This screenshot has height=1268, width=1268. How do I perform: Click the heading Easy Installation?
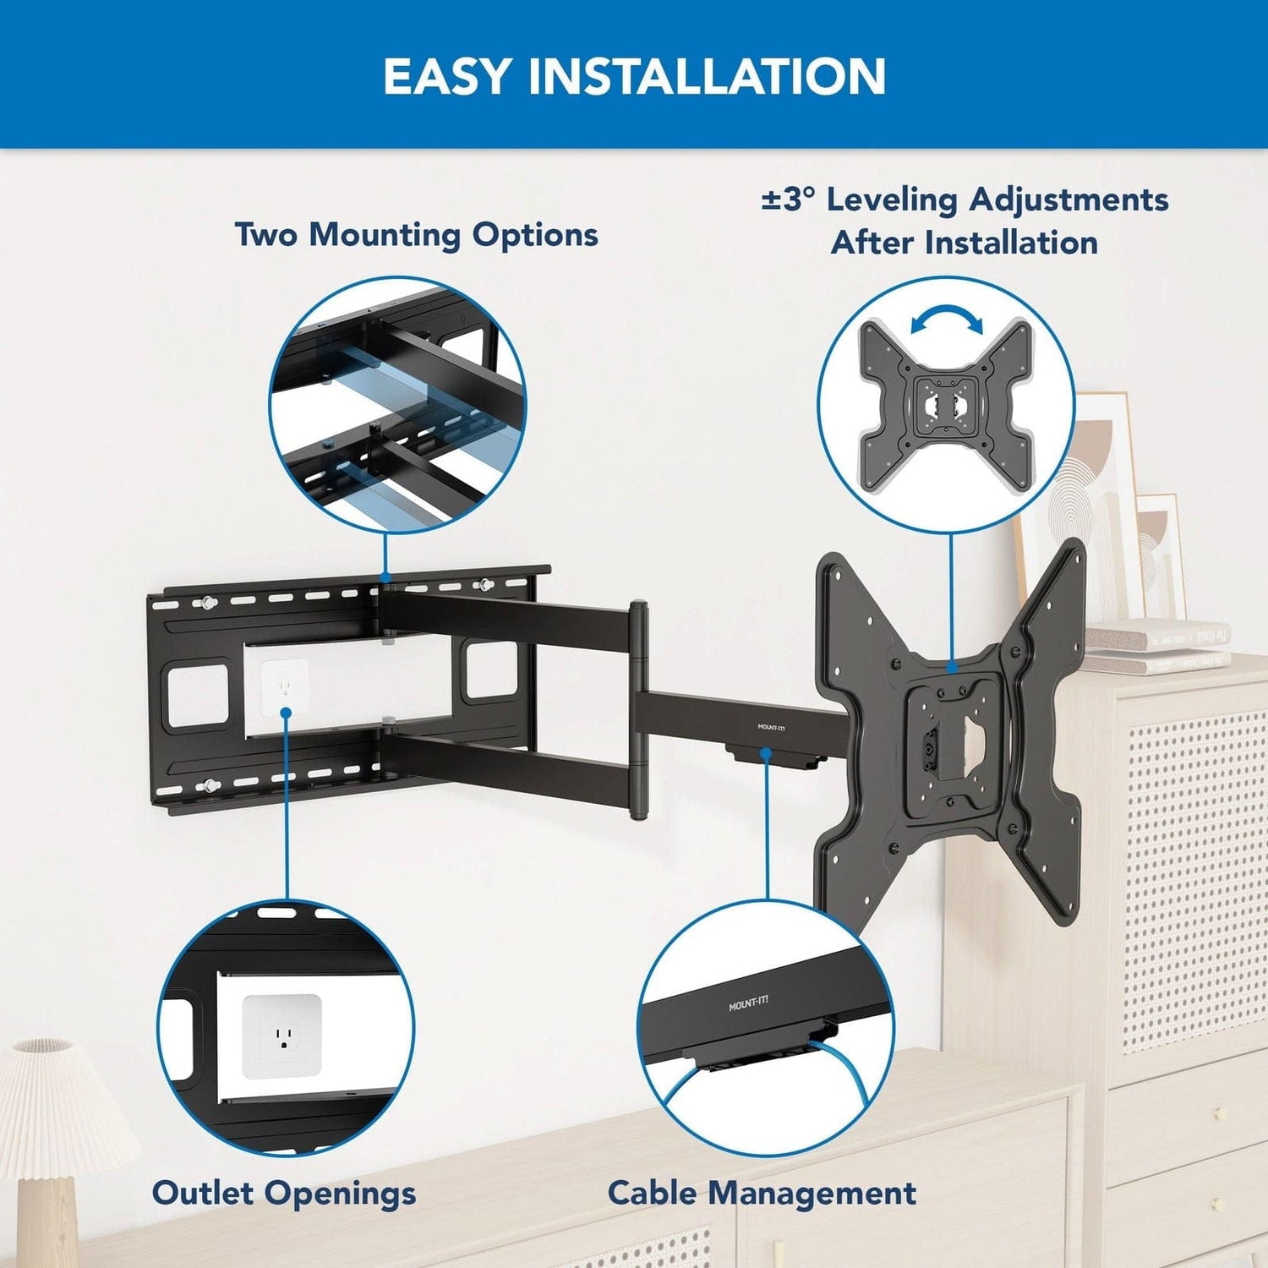click(x=634, y=76)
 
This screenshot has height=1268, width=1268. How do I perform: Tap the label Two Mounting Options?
click(x=416, y=235)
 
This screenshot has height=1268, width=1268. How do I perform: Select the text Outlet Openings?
click(x=284, y=1193)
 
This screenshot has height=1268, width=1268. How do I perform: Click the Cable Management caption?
click(x=762, y=1193)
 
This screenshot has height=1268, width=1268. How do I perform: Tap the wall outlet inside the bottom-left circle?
click(x=282, y=1036)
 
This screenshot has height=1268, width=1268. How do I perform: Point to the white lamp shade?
click(x=59, y=1099)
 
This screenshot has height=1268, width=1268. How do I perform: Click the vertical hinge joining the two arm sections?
click(x=639, y=710)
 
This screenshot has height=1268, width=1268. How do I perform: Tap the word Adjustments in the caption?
click(x=1069, y=200)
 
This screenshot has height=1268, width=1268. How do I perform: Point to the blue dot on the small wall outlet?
click(x=286, y=713)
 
